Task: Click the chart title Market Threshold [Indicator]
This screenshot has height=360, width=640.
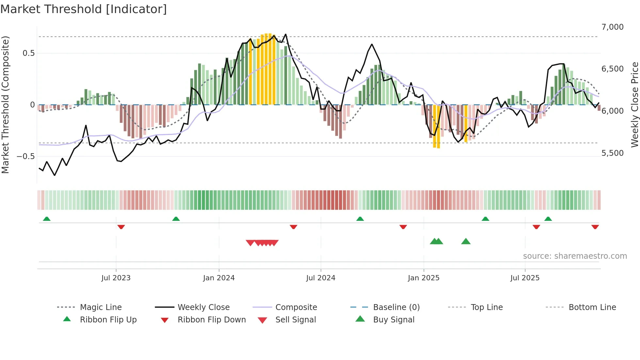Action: tap(84, 9)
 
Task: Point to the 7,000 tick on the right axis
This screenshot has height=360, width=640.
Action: tap(612, 27)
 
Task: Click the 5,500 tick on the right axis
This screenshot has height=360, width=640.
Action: tap(612, 153)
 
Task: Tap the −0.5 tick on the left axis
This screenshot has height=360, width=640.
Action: tap(25, 156)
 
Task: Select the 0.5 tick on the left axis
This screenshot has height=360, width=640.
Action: tap(28, 53)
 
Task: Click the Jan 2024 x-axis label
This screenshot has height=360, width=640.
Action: tap(219, 278)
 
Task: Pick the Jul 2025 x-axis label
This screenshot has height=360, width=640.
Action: tap(525, 278)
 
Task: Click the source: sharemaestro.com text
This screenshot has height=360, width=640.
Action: tap(575, 256)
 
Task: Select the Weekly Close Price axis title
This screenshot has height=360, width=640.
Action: tap(634, 105)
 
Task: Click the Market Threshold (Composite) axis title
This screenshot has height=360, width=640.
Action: tap(5, 105)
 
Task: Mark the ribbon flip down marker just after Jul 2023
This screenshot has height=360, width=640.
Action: tap(121, 227)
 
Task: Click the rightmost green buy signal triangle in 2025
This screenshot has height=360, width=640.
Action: tap(466, 241)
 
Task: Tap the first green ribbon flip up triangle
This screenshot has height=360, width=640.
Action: tap(47, 219)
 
